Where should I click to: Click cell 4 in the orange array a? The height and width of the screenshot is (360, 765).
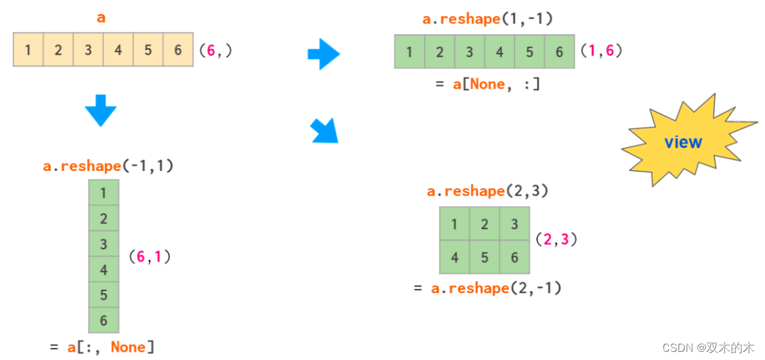118,49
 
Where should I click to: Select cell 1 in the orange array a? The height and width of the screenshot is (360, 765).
28,49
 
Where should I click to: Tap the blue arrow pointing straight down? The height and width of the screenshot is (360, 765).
101,111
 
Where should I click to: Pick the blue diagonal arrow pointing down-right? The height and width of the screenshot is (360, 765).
324,131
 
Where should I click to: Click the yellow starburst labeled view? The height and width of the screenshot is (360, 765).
683,142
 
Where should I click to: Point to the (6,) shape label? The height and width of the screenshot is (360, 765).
215,50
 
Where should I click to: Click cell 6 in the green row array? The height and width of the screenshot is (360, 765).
559,52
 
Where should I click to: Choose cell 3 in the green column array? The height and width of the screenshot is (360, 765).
103,244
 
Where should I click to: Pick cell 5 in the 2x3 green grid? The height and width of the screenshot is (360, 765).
485,257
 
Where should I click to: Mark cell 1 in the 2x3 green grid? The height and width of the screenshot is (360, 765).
454,224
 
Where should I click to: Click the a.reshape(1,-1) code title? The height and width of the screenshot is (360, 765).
487,19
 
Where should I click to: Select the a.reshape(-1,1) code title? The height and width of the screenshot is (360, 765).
108,165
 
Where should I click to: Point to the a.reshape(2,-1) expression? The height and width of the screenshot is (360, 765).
496,288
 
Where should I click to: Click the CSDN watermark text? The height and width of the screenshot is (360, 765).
708,347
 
